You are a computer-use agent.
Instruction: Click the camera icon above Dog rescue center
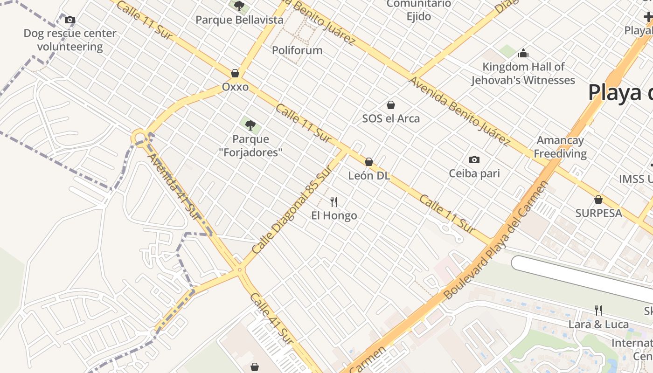tap(70, 20)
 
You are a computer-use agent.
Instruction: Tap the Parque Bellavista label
tap(239, 20)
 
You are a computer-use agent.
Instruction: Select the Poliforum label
tap(297, 50)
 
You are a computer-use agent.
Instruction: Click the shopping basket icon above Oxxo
tap(235, 73)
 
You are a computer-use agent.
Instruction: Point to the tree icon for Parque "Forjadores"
tap(250, 125)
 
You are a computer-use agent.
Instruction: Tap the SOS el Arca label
tap(391, 118)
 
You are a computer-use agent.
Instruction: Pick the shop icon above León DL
tap(369, 162)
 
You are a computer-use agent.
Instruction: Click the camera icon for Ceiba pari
tap(474, 159)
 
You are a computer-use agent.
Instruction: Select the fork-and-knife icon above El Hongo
tap(334, 201)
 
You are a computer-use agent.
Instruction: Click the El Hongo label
tap(334, 215)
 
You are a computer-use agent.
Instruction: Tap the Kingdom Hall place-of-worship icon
tap(523, 53)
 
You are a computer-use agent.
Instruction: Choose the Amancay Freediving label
tap(560, 147)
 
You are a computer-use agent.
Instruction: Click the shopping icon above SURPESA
tap(598, 200)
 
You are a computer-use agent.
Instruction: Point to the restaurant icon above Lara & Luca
tap(598, 310)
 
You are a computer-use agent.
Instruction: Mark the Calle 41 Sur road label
tap(271, 319)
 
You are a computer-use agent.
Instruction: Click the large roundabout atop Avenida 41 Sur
tap(139, 138)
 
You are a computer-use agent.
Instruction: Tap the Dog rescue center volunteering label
tap(70, 40)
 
